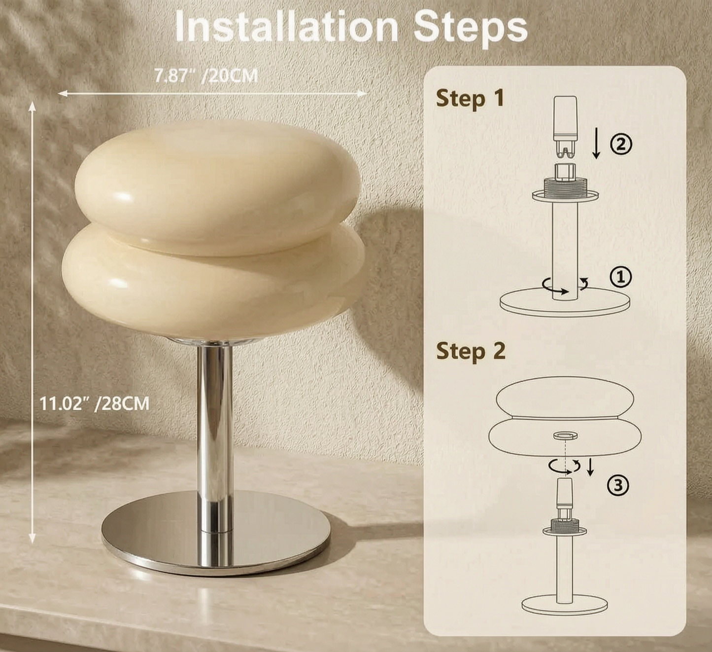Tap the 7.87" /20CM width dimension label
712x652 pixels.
(206, 76)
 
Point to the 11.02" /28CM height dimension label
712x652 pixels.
(94, 404)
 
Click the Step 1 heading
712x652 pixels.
(470, 98)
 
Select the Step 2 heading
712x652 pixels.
(471, 351)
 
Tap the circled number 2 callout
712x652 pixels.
(621, 144)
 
